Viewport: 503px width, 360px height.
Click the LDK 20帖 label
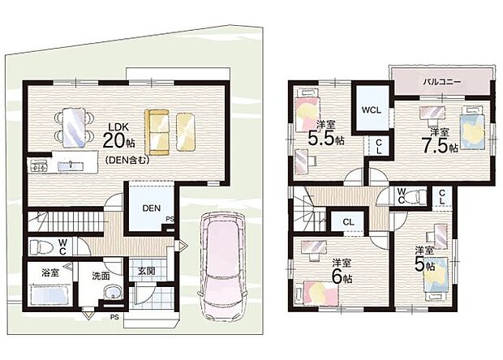pos(118,136)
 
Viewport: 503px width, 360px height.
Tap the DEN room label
pos(152,208)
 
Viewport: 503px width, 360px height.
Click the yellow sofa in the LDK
pos(157,132)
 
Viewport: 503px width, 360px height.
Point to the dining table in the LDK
pos(74,127)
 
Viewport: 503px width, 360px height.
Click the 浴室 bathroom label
pos(49,273)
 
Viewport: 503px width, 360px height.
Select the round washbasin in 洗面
pos(112,293)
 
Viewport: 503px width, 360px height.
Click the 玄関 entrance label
pos(147,271)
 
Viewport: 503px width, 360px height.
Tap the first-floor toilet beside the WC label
pos(40,247)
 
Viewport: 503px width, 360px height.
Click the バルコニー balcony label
pos(441,82)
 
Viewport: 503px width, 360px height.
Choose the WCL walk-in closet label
pos(372,110)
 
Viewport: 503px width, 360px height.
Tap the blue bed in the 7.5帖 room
pos(471,128)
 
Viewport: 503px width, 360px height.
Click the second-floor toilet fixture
pos(415,196)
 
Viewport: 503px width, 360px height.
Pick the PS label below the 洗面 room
pos(114,317)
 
